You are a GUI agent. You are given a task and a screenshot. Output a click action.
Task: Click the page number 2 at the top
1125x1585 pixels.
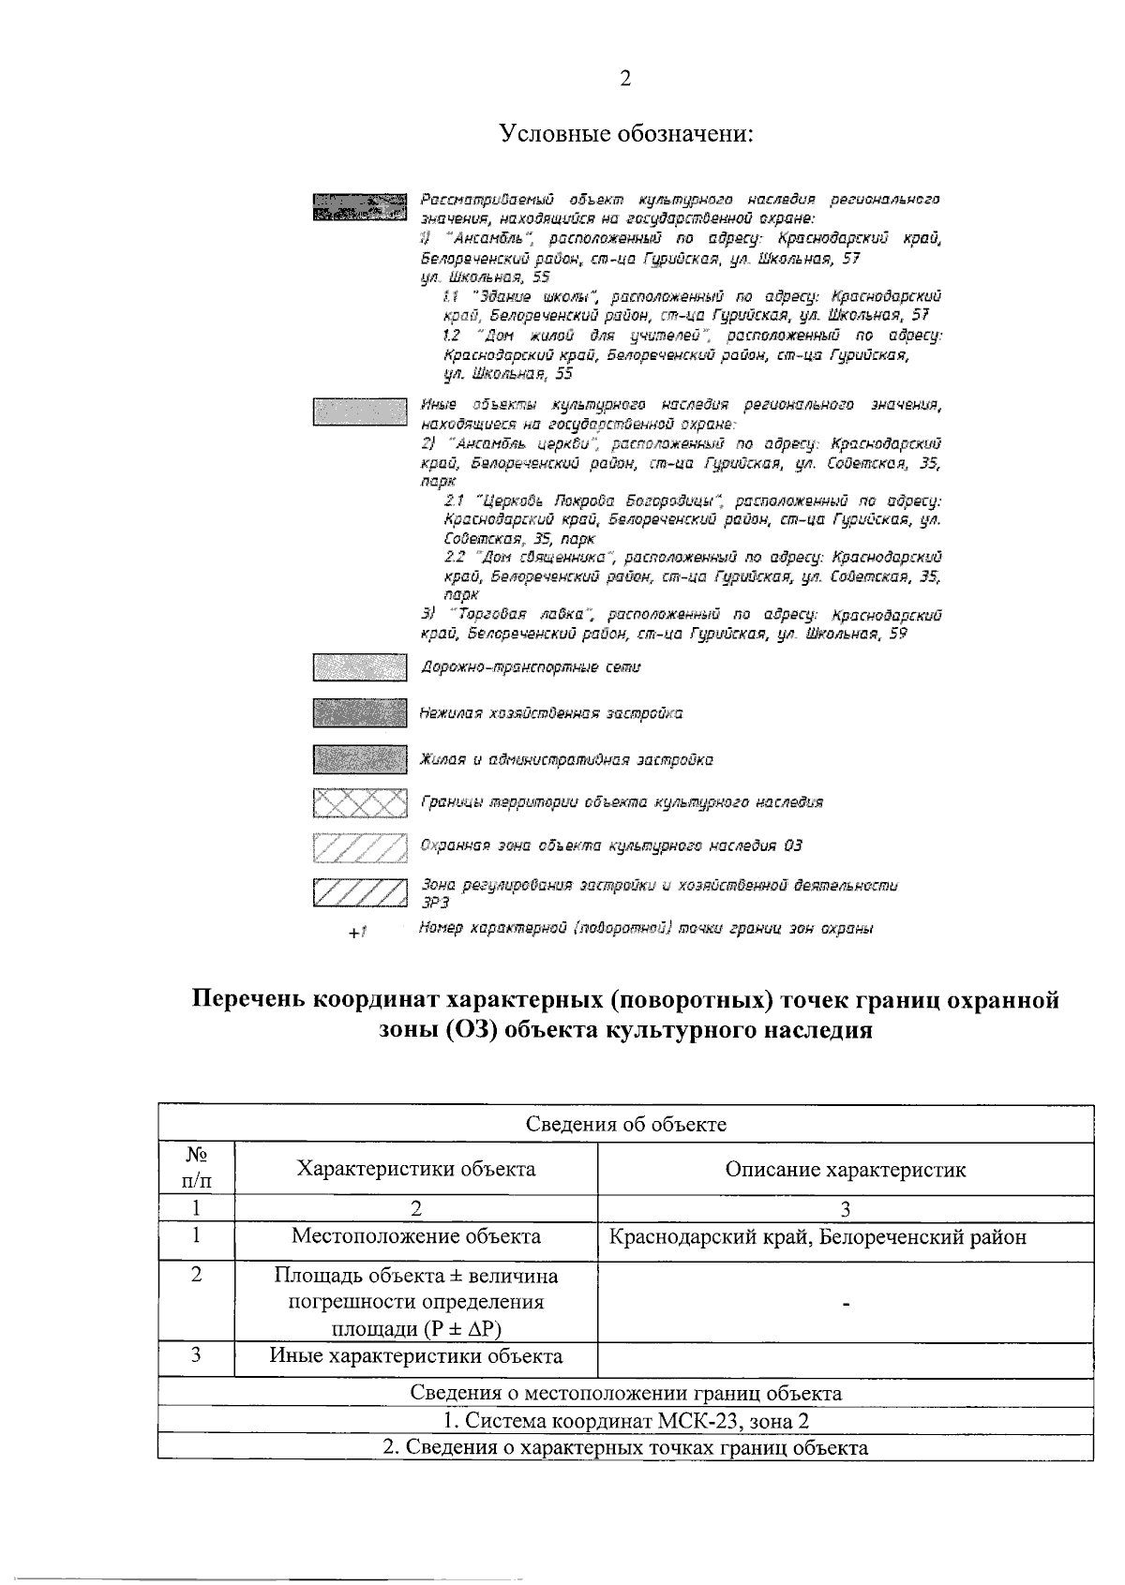point(625,79)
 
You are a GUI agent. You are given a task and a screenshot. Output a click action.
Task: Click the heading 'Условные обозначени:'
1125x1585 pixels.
point(625,133)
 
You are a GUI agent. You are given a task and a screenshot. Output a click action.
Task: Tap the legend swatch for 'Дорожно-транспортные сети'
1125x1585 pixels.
point(360,668)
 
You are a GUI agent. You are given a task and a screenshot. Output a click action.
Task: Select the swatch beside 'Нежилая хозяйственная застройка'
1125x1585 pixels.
point(360,713)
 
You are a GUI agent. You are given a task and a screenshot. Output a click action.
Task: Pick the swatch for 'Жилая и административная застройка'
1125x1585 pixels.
point(360,758)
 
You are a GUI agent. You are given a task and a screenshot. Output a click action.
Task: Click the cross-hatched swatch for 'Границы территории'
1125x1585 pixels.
point(360,803)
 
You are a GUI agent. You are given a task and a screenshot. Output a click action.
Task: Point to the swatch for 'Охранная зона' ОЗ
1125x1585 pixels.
point(360,846)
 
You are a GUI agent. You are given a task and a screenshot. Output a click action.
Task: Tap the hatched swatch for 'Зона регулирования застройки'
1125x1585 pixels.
point(360,891)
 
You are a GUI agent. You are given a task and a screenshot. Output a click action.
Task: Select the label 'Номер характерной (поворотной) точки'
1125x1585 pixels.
point(646,929)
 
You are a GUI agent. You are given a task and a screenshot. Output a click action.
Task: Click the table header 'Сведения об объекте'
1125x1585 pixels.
point(625,1124)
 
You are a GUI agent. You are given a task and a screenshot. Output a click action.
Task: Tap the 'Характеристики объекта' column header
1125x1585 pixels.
point(415,1169)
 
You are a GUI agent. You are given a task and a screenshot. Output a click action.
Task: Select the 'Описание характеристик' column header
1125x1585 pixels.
point(845,1170)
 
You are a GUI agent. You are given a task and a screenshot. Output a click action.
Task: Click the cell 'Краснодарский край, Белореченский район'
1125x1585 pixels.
point(817,1237)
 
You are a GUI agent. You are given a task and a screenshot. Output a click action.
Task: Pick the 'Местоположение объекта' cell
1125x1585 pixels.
point(415,1236)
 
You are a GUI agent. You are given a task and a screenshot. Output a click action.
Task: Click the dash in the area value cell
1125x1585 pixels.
point(845,1304)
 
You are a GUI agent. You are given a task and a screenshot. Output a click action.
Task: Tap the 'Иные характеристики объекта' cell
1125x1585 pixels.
point(415,1356)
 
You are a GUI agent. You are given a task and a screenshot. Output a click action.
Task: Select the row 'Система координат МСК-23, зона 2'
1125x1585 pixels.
point(625,1421)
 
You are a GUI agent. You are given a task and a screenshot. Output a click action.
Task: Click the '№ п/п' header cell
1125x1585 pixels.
point(196,1168)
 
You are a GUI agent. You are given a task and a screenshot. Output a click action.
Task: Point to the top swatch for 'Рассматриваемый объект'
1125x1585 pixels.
point(360,207)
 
